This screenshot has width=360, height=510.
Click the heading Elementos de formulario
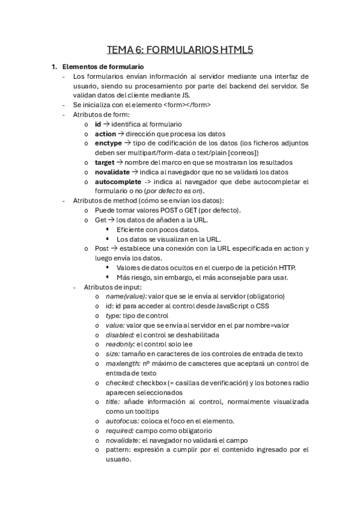tap(103, 66)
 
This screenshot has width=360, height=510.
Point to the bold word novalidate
tap(113, 172)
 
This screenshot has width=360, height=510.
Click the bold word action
tap(106, 134)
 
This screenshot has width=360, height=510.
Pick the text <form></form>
tap(187, 105)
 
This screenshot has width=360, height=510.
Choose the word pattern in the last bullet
tap(119, 449)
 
